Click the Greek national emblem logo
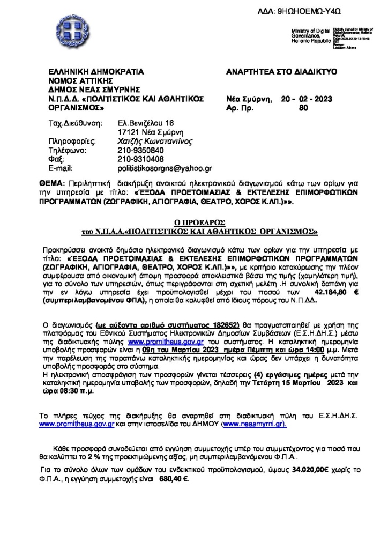[x=68, y=33]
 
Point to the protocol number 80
[x=304, y=107]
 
